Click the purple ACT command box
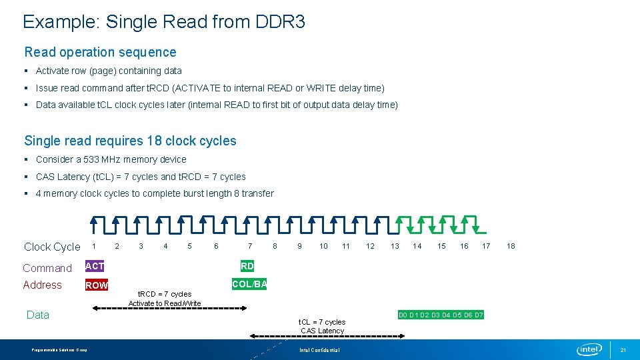click(95, 266)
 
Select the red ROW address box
click(97, 285)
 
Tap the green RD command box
click(247, 266)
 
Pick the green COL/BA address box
click(249, 284)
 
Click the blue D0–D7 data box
click(441, 315)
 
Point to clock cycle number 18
click(511, 246)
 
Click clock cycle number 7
click(250, 246)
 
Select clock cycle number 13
click(395, 246)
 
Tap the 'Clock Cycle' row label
click(52, 247)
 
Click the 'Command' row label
click(47, 268)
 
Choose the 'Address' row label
click(42, 285)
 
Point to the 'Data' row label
click(38, 315)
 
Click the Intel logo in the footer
click(589, 349)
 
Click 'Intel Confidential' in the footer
click(319, 350)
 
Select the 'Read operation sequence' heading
click(100, 52)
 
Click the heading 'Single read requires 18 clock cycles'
click(130, 141)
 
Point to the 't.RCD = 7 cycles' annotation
click(164, 294)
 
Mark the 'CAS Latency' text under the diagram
click(323, 331)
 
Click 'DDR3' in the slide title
click(280, 22)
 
